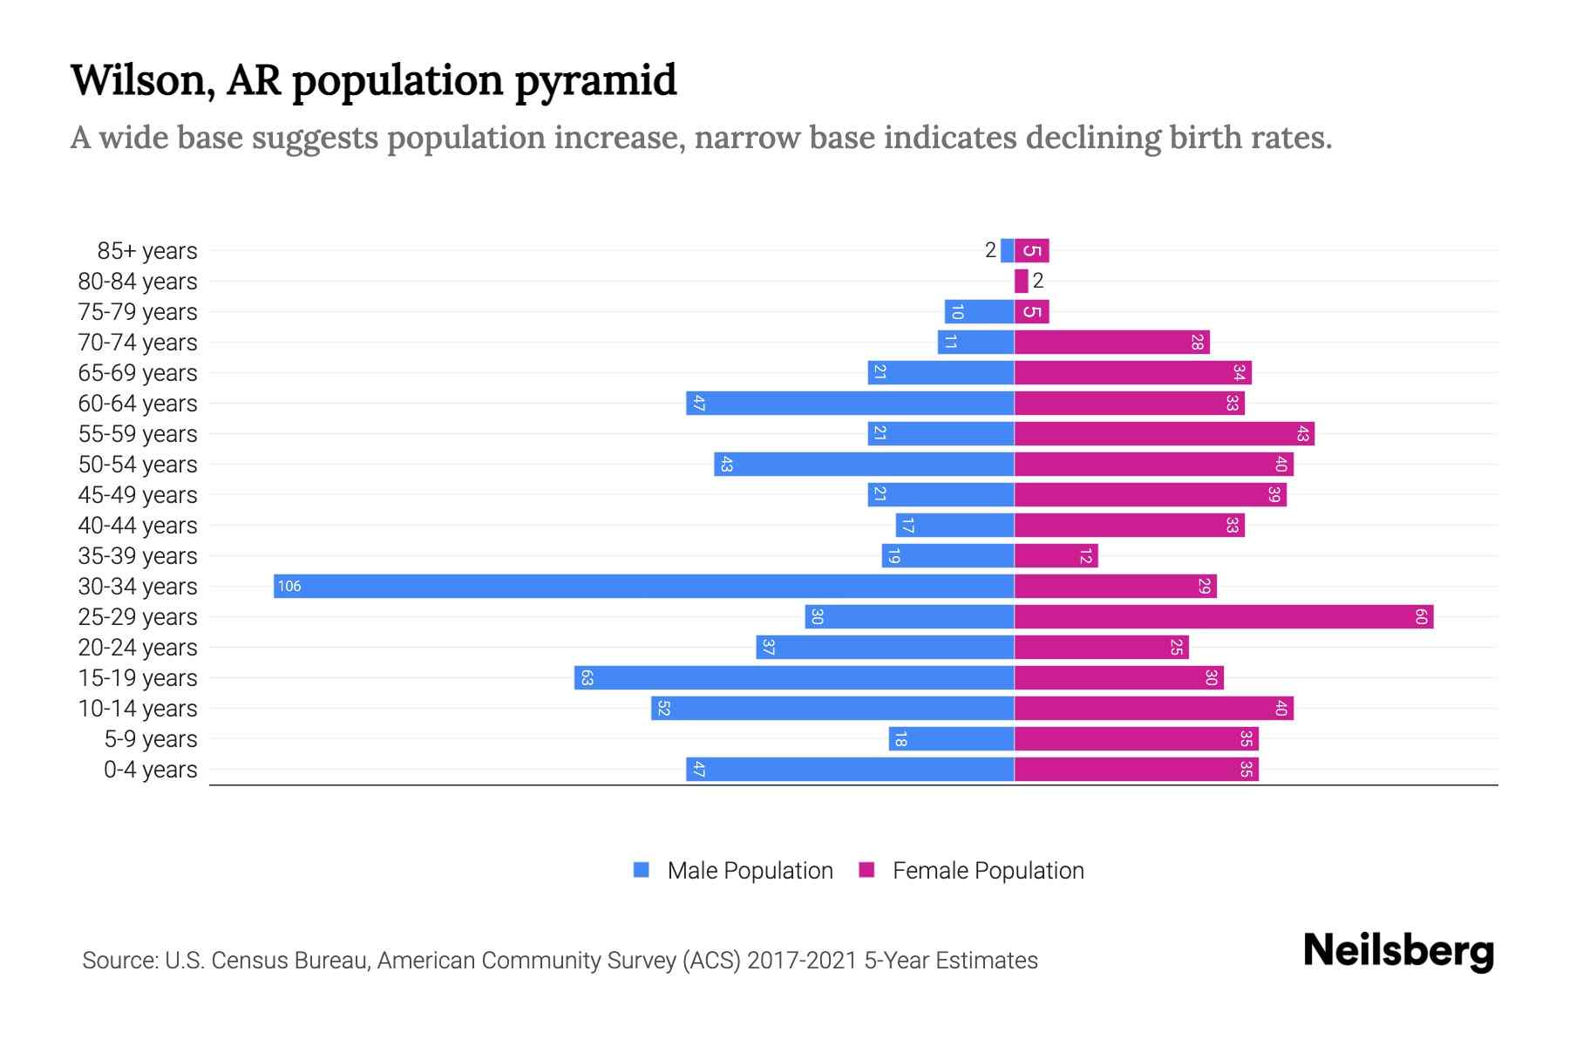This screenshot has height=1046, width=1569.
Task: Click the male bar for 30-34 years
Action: click(643, 586)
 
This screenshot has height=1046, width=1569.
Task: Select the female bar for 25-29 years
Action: click(1223, 617)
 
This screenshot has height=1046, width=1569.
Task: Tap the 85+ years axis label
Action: click(146, 251)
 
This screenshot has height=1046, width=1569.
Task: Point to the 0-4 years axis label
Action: click(150, 770)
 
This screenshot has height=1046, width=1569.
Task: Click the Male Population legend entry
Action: click(732, 870)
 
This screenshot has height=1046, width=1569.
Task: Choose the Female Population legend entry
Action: click(971, 870)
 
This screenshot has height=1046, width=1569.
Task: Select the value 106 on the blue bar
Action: click(289, 587)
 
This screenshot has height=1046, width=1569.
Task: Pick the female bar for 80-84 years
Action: click(1021, 281)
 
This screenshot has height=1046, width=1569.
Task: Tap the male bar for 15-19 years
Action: click(793, 678)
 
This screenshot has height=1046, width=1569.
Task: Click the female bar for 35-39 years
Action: click(1056, 556)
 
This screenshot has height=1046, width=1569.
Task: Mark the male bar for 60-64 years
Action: click(850, 404)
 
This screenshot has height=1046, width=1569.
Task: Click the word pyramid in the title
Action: click(595, 80)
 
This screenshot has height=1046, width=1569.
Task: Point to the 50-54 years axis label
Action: click(138, 465)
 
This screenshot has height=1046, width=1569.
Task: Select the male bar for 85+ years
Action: click(1007, 251)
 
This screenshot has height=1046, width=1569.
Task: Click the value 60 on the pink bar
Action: click(1421, 617)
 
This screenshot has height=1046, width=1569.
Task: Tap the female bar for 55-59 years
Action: click(1164, 434)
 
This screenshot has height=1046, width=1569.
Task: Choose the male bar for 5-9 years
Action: click(951, 739)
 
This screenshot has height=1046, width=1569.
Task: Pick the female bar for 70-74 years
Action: click(1111, 343)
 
